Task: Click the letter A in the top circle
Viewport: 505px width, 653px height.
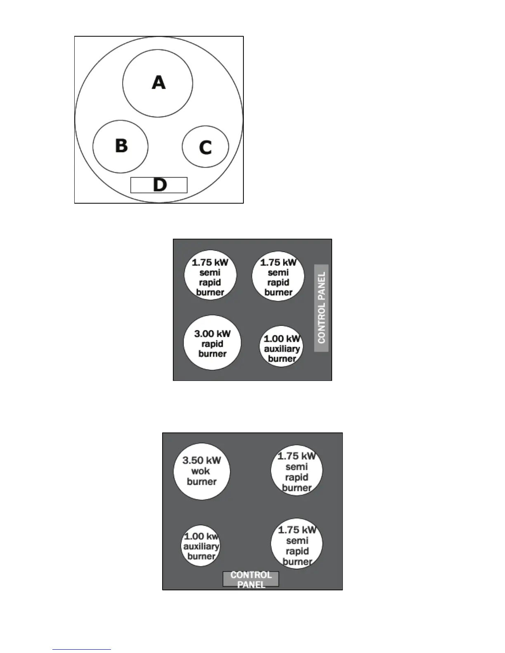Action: (158, 82)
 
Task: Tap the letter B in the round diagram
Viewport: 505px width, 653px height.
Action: (121, 146)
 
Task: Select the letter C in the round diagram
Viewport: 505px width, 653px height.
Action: (205, 147)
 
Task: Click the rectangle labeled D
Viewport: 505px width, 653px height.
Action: (159, 185)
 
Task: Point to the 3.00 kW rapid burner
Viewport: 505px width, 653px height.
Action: (212, 343)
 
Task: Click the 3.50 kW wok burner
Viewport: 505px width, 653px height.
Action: (201, 471)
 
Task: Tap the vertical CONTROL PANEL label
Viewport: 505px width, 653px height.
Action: (321, 308)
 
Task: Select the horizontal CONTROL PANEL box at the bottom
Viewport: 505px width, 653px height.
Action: (251, 579)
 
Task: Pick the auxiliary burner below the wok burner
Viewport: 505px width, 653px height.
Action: (201, 546)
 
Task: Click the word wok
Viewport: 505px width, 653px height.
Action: (201, 471)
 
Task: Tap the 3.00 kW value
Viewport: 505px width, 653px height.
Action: (212, 334)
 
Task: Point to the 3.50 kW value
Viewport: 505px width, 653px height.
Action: (201, 460)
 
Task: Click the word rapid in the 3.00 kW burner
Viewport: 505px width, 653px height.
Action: (212, 344)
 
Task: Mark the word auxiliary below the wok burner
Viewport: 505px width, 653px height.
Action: (201, 546)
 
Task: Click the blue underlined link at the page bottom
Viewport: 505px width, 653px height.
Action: (82, 650)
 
